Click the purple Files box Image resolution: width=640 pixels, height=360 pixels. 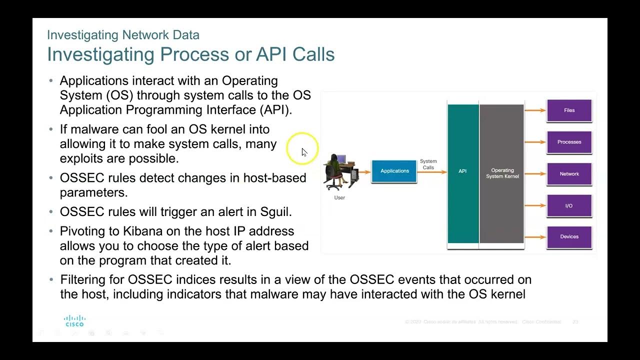click(x=569, y=110)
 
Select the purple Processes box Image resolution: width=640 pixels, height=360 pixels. click(x=569, y=142)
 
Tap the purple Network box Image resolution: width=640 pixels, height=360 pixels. click(x=569, y=174)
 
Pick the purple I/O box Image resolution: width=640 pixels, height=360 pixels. click(x=569, y=206)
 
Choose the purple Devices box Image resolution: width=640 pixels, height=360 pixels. click(x=569, y=237)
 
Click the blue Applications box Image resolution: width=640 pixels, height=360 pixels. click(x=394, y=171)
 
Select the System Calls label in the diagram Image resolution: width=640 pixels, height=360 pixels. click(x=428, y=164)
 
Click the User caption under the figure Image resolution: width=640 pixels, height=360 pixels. click(x=339, y=197)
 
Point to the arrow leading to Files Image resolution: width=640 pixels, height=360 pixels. click(x=535, y=110)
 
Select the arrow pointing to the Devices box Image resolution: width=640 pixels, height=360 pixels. click(x=535, y=237)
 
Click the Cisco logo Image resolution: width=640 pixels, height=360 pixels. click(x=74, y=320)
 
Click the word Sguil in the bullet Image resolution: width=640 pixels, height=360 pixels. click(x=274, y=211)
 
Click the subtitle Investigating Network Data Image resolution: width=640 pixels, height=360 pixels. click(x=123, y=35)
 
